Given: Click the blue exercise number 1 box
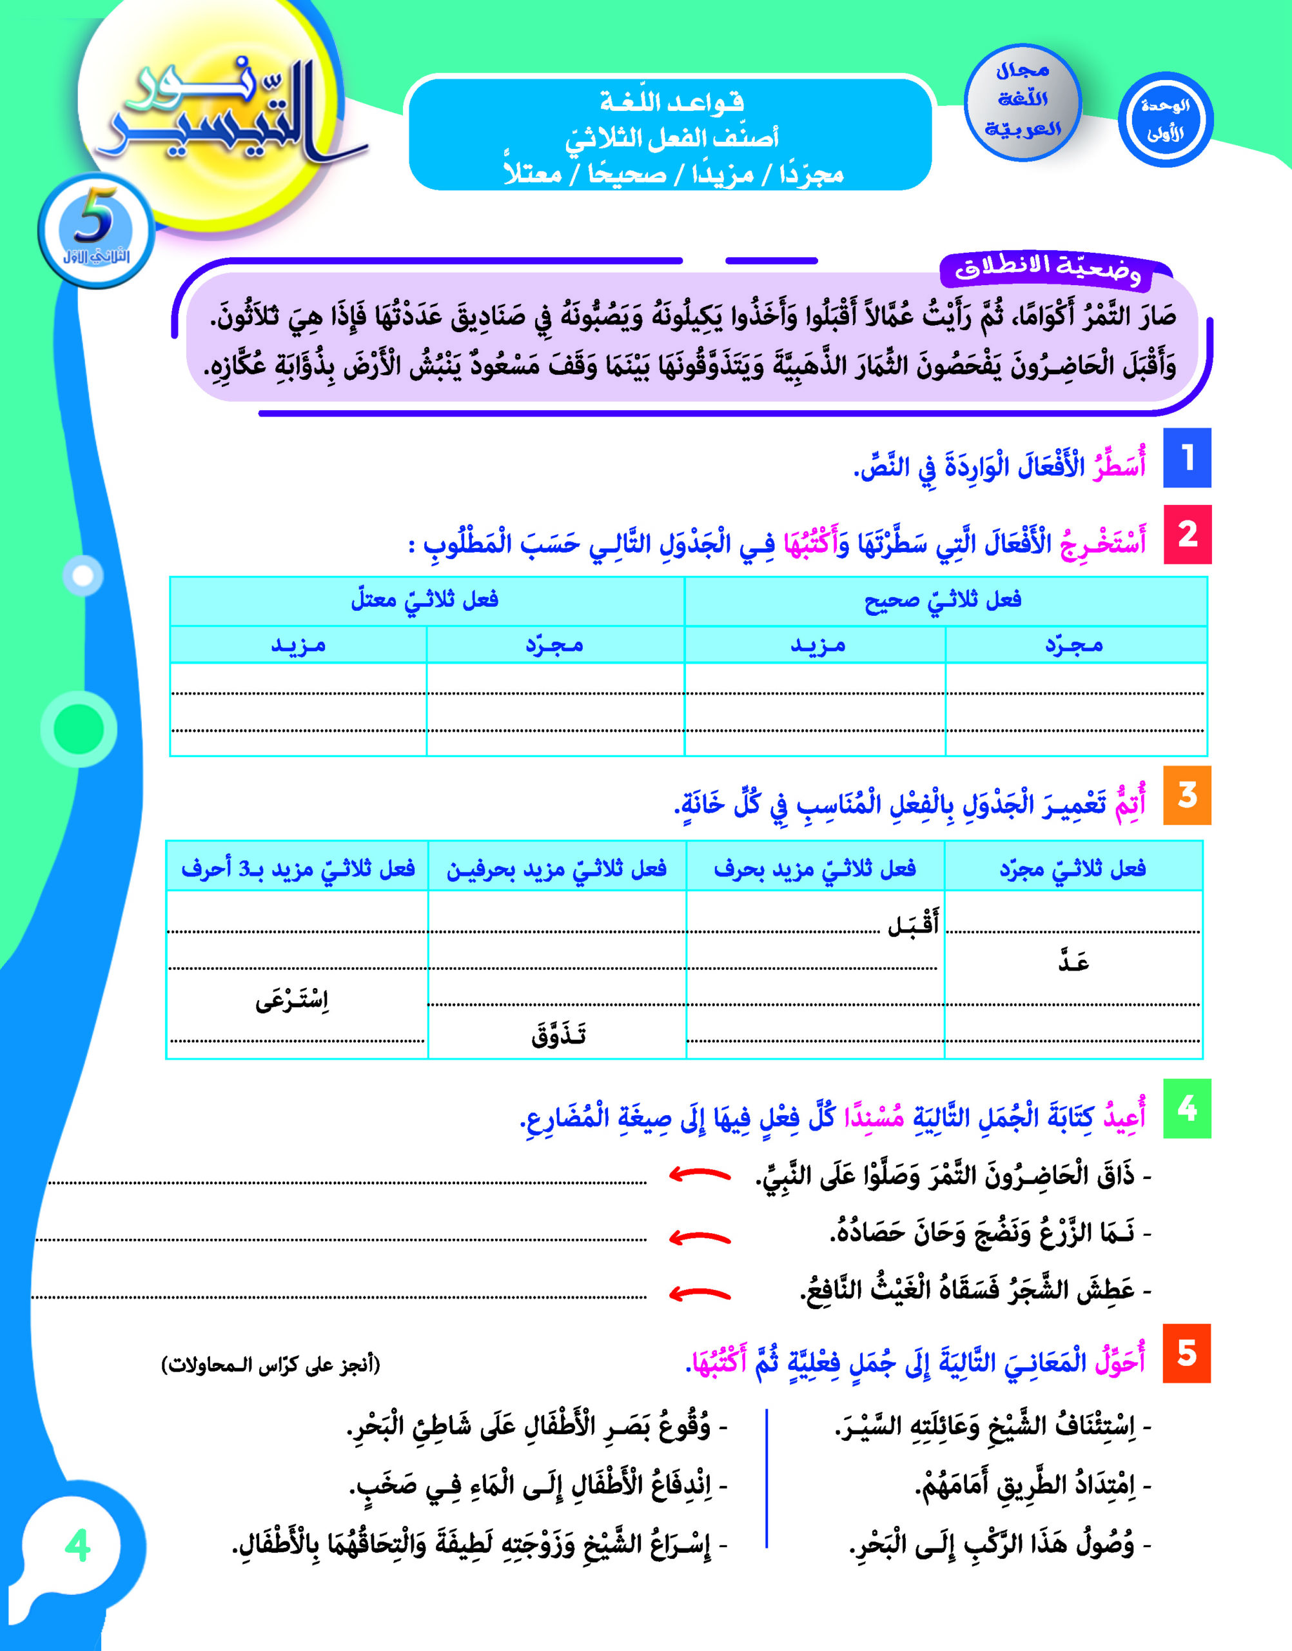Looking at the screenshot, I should tap(1187, 458).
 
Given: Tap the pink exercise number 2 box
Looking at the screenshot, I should tap(1187, 534).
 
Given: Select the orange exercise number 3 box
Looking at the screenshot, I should tap(1187, 795).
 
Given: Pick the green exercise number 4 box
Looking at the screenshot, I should tap(1187, 1109).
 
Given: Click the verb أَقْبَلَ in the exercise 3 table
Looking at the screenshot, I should tap(913, 924).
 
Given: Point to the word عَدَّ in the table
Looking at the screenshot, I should tap(1073, 962).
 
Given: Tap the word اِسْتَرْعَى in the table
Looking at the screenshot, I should tap(292, 1001).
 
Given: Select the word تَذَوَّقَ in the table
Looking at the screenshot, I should tap(558, 1034).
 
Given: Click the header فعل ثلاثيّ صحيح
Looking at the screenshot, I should tap(943, 600).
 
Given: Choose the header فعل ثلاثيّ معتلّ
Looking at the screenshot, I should tap(424, 600).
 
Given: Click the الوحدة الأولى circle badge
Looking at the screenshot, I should tap(1166, 121).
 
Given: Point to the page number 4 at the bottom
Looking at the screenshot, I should tap(78, 1546).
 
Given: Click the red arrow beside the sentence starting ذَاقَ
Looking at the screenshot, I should tap(700, 1175).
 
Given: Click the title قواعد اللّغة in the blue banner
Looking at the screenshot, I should tap(672, 102).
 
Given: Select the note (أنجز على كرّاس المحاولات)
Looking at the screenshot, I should tap(271, 1366).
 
